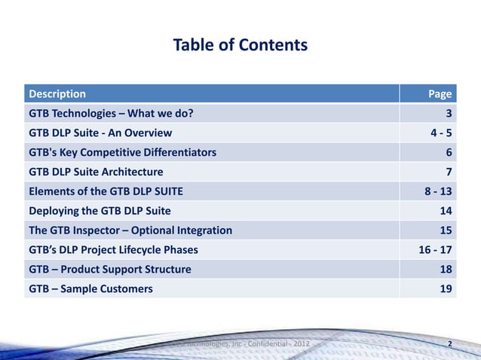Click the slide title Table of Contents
tap(240, 45)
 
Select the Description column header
tap(57, 94)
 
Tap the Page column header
tap(440, 94)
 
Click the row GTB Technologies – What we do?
tap(115, 114)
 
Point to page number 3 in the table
tap(449, 114)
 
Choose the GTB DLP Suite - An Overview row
tap(100, 133)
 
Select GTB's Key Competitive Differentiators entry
tap(122, 153)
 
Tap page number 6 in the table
tap(449, 153)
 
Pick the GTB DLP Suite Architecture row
tap(96, 172)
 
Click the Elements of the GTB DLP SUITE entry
tap(106, 191)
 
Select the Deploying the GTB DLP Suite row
tap(100, 211)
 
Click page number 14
tap(446, 211)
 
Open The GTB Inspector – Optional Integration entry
tap(130, 230)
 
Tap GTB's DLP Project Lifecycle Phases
tap(114, 250)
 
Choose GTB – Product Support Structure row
tap(110, 270)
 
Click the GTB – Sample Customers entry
tap(90, 289)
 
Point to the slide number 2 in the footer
tap(450, 345)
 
